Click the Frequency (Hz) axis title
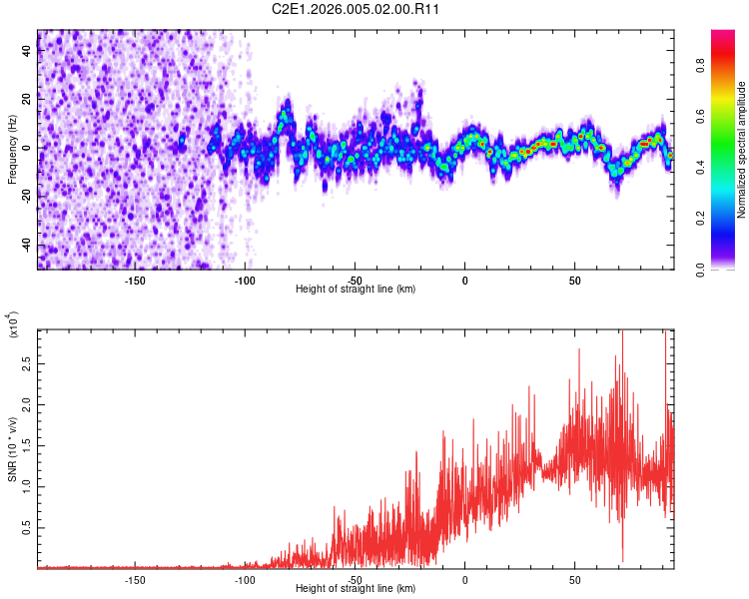[x=12, y=149]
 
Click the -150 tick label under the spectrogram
[x=135, y=280]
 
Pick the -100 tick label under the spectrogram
[x=245, y=280]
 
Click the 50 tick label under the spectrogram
[x=574, y=280]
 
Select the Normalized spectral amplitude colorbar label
[x=742, y=149]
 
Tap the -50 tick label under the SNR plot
[x=355, y=579]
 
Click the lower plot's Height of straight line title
[x=356, y=588]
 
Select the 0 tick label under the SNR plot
[x=464, y=579]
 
